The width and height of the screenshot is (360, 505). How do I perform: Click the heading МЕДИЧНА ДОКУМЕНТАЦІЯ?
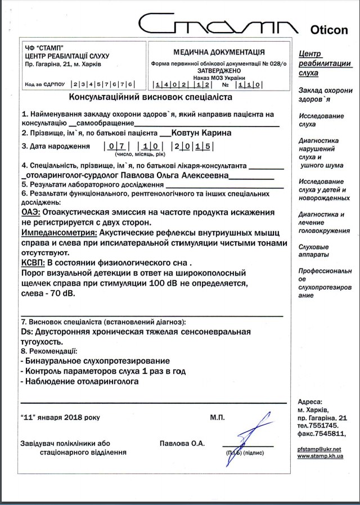pos(218,52)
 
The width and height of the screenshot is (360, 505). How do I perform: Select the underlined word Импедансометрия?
pos(58,232)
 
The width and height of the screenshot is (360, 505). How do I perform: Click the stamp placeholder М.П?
pos(217,418)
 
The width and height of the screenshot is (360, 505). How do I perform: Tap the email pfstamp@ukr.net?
pos(319,449)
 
